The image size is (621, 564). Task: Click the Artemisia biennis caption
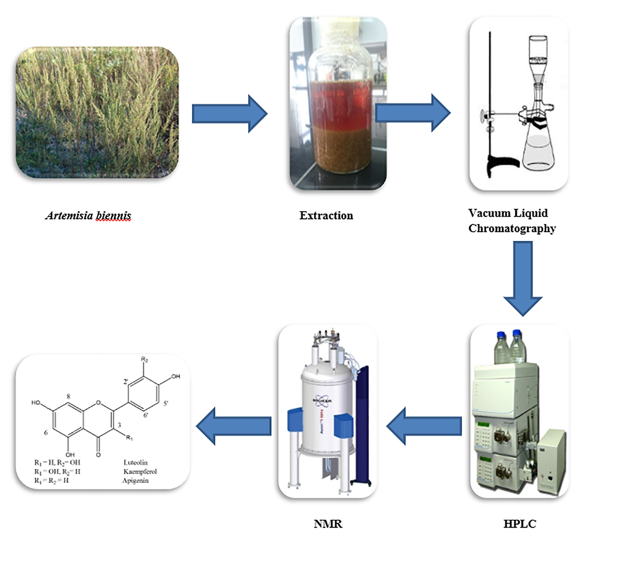click(88, 215)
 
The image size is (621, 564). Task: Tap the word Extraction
click(326, 215)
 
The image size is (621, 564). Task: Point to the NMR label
click(328, 524)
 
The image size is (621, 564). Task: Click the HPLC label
click(520, 524)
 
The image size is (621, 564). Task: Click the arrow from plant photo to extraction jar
click(229, 114)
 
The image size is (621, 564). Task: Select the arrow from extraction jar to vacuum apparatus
click(413, 113)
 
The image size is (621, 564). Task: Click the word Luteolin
click(135, 462)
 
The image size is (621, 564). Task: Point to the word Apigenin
click(135, 480)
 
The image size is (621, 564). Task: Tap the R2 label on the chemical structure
click(144, 359)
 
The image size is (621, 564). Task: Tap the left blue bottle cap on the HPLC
click(501, 335)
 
